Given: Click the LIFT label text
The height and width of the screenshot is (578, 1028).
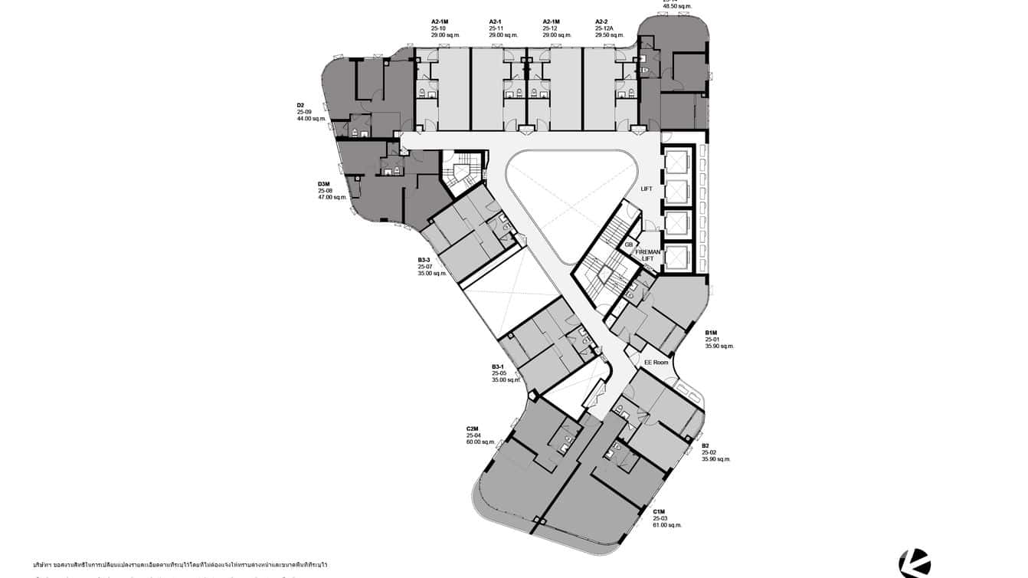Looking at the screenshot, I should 647,189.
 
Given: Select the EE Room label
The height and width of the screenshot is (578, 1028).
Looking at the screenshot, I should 656,363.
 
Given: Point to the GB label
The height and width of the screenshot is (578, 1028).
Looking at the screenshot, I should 629,245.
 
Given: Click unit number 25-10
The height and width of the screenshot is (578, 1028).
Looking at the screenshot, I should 438,28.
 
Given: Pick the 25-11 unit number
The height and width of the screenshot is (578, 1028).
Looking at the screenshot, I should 496,28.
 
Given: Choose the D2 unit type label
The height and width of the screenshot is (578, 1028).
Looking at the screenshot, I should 301,105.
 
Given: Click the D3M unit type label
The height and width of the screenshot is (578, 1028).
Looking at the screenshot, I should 324,184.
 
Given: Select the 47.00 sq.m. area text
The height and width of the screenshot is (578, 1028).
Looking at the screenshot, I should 332,197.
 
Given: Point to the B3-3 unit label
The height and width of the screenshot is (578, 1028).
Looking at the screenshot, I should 424,260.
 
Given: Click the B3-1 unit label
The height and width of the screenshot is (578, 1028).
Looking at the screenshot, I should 499,366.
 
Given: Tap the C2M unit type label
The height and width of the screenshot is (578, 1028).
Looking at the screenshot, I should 473,429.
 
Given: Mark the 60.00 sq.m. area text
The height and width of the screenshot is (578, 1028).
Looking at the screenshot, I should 481,442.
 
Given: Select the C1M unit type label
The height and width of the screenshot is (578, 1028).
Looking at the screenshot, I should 659,511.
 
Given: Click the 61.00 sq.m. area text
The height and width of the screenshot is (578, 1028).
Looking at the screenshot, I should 667,525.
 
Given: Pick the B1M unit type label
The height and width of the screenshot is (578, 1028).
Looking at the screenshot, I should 712,333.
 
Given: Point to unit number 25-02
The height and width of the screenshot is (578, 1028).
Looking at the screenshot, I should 709,452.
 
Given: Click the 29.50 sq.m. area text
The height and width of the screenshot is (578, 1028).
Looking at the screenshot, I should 610,35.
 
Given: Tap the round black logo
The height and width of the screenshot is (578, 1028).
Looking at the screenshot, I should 915,563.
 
